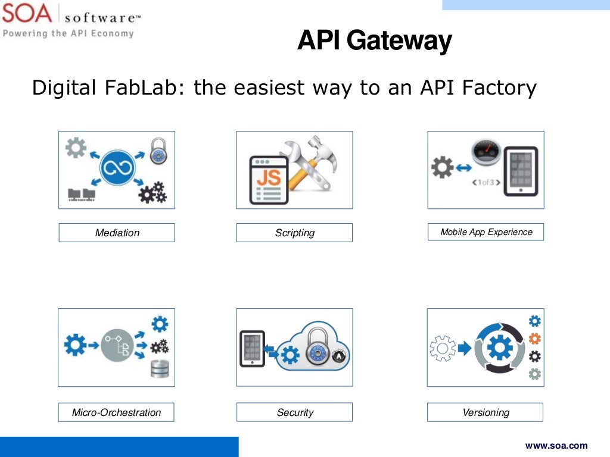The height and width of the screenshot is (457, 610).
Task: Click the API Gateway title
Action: click(374, 40)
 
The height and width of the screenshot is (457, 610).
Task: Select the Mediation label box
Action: click(117, 233)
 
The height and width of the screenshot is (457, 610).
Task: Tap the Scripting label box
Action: click(294, 233)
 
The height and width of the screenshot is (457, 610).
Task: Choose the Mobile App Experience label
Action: click(485, 232)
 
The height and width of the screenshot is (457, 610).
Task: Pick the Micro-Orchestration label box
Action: click(116, 412)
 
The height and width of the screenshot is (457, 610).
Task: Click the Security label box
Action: click(294, 412)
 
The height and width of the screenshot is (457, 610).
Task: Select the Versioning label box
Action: click(485, 412)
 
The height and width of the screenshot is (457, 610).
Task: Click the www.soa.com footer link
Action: click(556, 445)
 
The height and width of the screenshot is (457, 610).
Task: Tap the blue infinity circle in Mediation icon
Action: click(118, 169)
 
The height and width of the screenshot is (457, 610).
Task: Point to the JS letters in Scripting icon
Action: click(268, 177)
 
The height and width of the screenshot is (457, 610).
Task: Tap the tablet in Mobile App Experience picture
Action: click(521, 171)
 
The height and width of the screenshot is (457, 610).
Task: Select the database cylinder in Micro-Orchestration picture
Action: click(160, 370)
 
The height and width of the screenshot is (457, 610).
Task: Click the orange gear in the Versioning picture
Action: click(535, 339)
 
